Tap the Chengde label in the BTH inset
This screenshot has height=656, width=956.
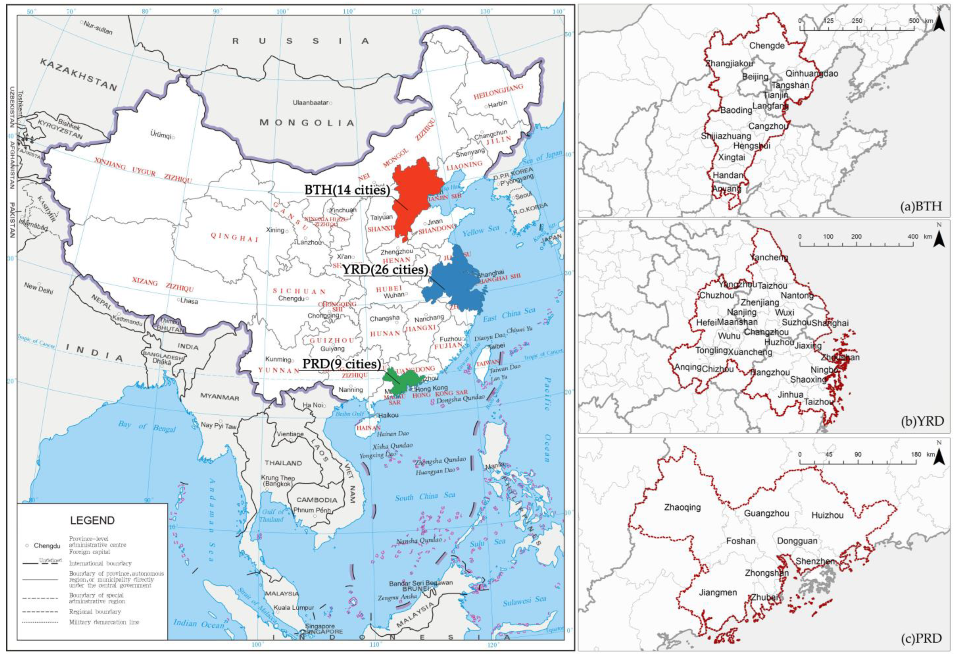[766, 46]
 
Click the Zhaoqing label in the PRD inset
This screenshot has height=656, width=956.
[682, 507]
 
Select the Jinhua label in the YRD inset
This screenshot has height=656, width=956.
[790, 395]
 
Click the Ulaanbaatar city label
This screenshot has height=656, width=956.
[310, 102]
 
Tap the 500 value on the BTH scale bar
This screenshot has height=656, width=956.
[914, 21]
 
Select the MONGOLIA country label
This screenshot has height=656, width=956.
[306, 123]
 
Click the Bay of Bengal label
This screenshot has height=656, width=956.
[147, 426]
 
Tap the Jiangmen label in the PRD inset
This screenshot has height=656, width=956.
[718, 593]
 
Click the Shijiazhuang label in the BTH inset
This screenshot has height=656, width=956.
[726, 136]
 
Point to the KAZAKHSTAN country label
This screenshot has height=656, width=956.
[78, 74]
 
